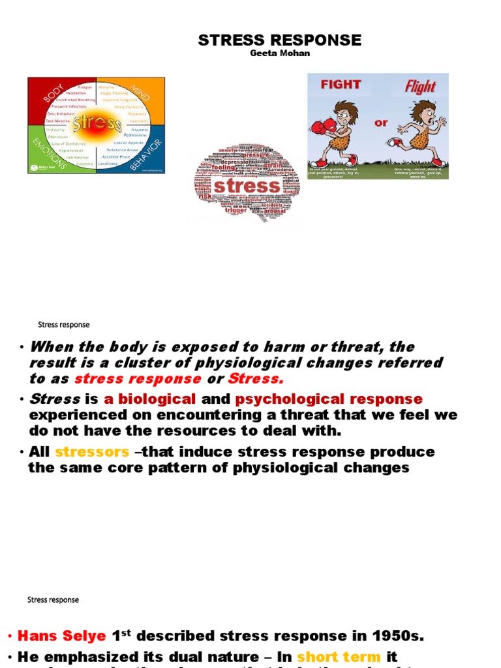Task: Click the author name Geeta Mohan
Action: pyautogui.click(x=280, y=53)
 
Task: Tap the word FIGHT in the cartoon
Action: pyautogui.click(x=340, y=85)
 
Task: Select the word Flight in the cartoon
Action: pyautogui.click(x=420, y=85)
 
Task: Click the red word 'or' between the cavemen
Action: pyautogui.click(x=380, y=123)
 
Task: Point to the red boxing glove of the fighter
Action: pyautogui.click(x=318, y=127)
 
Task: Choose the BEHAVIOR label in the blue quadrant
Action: pyautogui.click(x=144, y=154)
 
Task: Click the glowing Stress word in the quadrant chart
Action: pyautogui.click(x=97, y=124)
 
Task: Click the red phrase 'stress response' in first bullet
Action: pyautogui.click(x=138, y=379)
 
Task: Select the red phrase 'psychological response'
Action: pyautogui.click(x=329, y=399)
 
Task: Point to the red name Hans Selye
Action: pyautogui.click(x=61, y=636)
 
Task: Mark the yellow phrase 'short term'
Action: pyautogui.click(x=339, y=657)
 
